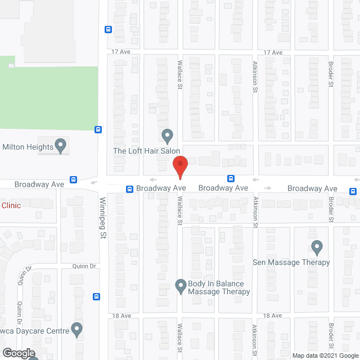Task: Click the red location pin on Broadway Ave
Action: (x=179, y=168)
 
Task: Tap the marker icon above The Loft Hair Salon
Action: (x=167, y=136)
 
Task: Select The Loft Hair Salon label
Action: (x=146, y=151)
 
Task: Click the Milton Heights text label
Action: (x=28, y=147)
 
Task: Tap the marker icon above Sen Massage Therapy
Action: (x=317, y=247)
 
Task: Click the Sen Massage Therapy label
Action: (x=291, y=262)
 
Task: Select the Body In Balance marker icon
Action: (x=181, y=286)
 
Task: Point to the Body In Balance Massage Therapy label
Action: (x=219, y=287)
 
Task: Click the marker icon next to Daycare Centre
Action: (x=77, y=328)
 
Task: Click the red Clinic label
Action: (x=11, y=205)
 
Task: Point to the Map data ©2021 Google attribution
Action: (x=325, y=355)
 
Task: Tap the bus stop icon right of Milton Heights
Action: (x=98, y=129)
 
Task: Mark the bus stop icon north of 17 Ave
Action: (x=108, y=30)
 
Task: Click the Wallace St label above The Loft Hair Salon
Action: (x=181, y=75)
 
